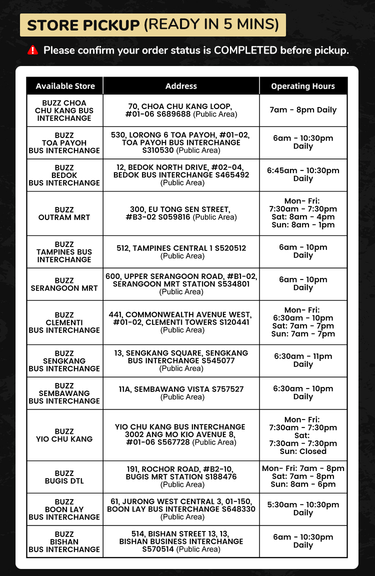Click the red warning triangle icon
point(32,50)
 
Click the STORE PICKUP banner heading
point(152,24)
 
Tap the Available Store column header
point(65,86)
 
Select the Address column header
point(181,86)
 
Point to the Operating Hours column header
point(303,86)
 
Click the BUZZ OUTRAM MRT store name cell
point(64,213)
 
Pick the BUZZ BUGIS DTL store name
point(64,477)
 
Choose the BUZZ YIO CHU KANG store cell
point(64,435)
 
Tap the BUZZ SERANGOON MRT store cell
point(64,284)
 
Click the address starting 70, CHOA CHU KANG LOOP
point(181,110)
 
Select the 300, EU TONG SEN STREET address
point(181,213)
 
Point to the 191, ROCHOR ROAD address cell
point(181,476)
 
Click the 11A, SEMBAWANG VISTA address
point(181,392)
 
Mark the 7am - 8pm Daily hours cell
point(303,110)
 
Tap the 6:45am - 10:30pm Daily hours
point(303,174)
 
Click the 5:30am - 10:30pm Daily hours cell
point(303,508)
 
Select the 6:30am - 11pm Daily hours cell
point(303,360)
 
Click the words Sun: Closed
point(303,451)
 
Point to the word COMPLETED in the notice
point(245,50)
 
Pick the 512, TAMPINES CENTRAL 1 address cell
point(181,251)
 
